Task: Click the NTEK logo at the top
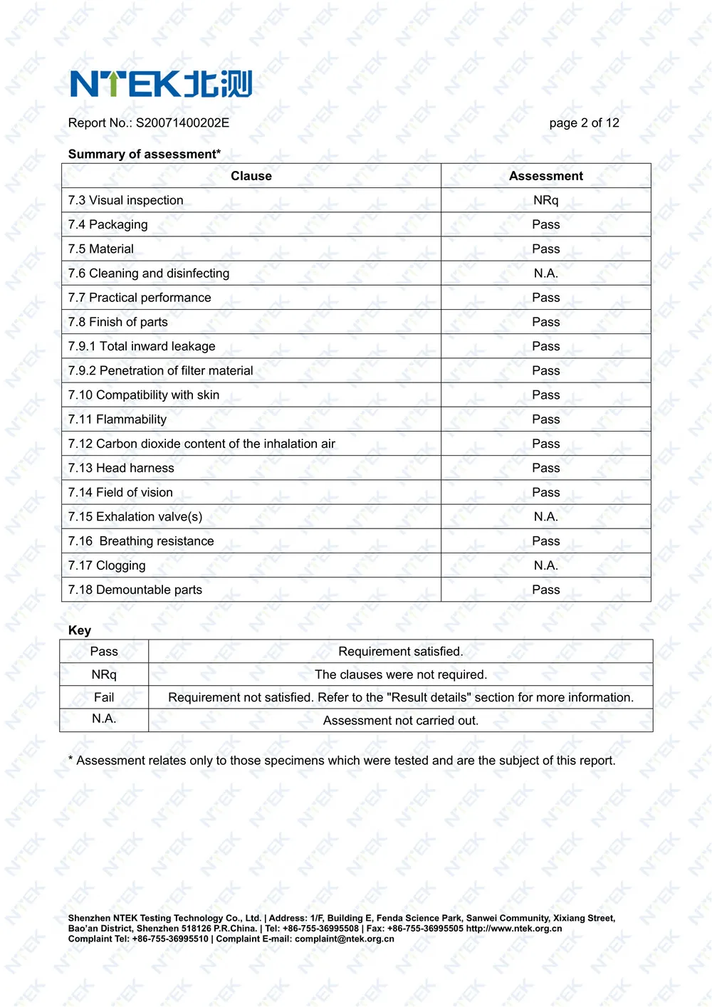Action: point(161,84)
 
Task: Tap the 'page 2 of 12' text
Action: point(584,123)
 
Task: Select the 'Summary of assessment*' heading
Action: point(145,155)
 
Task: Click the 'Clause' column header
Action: point(251,176)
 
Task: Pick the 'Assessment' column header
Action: point(545,176)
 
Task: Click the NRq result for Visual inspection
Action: point(545,201)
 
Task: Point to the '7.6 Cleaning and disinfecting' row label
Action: point(149,273)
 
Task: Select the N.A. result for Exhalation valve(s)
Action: point(545,517)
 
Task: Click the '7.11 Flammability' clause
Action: point(117,419)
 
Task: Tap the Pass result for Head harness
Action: point(545,468)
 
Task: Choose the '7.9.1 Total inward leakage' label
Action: point(142,347)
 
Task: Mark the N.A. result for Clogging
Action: point(545,565)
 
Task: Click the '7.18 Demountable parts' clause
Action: point(135,590)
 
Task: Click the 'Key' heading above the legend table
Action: point(80,630)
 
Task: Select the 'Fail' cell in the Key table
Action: point(104,697)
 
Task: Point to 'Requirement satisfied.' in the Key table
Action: point(400,652)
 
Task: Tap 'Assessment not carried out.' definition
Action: point(400,721)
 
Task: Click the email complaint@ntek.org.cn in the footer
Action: point(344,939)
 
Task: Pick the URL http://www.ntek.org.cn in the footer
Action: point(513,929)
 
